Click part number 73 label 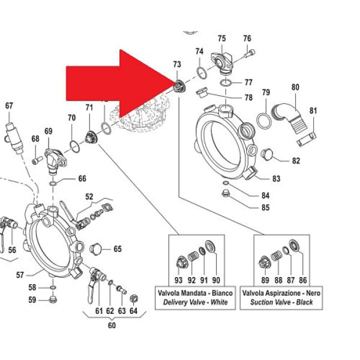click(176, 64)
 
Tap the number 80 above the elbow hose click(295, 87)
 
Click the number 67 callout click(8, 106)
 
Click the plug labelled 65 click(95, 248)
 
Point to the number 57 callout click(20, 275)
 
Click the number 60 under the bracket click(112, 325)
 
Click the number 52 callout click(89, 196)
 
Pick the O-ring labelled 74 click(202, 73)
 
